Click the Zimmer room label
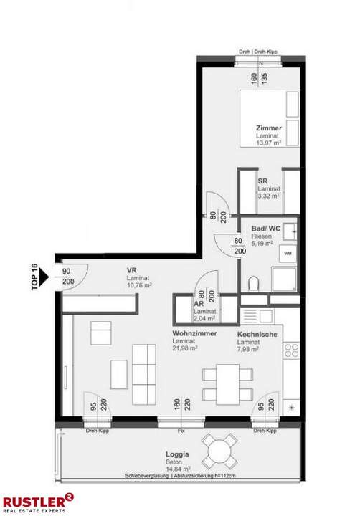(x=268, y=128)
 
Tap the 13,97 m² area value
(x=269, y=143)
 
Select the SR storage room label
(x=263, y=181)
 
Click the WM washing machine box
(x=288, y=254)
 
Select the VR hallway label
(x=133, y=271)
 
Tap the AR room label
(x=199, y=304)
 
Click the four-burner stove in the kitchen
(x=291, y=350)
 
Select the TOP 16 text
(x=34, y=275)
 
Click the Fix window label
(x=182, y=431)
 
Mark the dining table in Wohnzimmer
(x=227, y=383)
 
